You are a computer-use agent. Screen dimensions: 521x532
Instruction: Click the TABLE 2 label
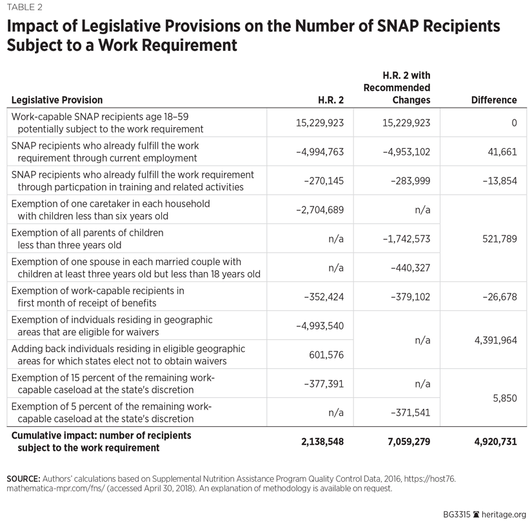pyautogui.click(x=26, y=7)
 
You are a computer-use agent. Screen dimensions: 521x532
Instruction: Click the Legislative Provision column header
pyautogui.click(x=57, y=100)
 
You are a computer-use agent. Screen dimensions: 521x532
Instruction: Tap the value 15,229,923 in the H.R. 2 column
pyautogui.click(x=320, y=123)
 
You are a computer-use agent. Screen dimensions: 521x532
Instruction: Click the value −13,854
pyautogui.click(x=499, y=181)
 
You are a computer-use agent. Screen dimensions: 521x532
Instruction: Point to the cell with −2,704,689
pyautogui.click(x=320, y=210)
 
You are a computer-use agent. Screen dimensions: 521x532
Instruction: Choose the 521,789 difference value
pyautogui.click(x=499, y=239)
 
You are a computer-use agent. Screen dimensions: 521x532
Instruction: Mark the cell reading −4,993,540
pyautogui.click(x=320, y=326)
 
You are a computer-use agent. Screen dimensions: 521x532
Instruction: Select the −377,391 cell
pyautogui.click(x=324, y=384)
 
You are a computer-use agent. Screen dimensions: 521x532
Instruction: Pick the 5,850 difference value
pyautogui.click(x=505, y=398)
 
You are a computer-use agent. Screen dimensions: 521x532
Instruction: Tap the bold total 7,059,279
pyautogui.click(x=404, y=442)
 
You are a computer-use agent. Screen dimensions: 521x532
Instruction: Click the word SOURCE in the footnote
pyautogui.click(x=22, y=478)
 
